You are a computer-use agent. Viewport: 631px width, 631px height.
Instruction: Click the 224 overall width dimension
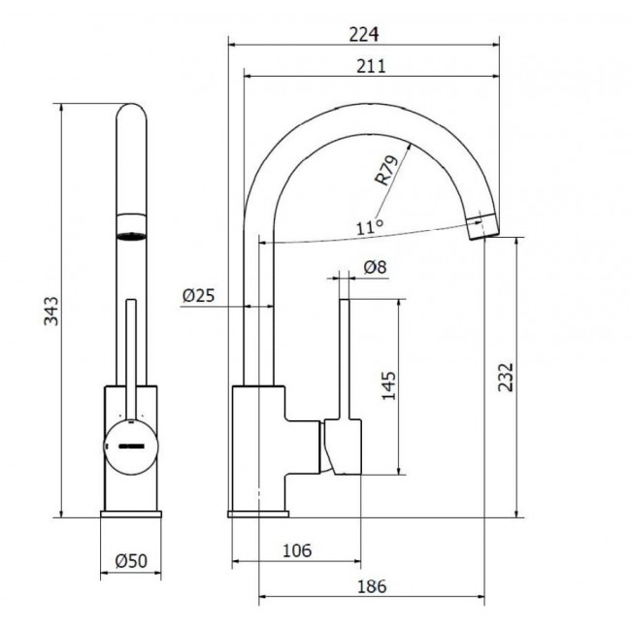[364, 35]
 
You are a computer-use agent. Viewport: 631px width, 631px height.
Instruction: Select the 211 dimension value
[371, 66]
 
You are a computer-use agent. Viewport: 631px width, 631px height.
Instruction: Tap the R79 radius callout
[386, 170]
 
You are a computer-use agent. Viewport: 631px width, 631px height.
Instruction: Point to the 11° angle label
[370, 227]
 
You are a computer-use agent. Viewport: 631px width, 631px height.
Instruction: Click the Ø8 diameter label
[376, 267]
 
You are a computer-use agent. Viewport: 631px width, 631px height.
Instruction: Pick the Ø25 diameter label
[199, 296]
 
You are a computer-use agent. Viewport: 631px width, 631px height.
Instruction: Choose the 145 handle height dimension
[388, 386]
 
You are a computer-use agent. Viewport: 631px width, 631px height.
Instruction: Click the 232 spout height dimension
[506, 377]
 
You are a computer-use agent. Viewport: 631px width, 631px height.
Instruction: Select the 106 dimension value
[297, 550]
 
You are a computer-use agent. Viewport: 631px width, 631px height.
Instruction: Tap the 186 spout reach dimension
[372, 586]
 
